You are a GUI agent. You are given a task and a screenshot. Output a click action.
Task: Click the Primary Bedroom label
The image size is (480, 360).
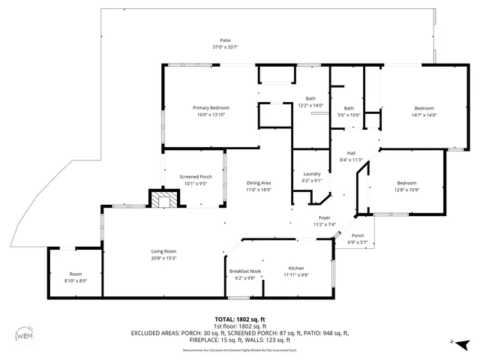211,108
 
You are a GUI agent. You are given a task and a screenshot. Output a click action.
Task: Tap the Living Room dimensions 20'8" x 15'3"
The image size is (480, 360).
164,258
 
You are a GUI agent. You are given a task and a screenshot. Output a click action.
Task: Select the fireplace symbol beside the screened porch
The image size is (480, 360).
163,199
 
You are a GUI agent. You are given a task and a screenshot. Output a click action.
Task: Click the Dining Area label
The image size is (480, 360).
259,183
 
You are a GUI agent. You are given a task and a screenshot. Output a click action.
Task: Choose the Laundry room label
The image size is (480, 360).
311,174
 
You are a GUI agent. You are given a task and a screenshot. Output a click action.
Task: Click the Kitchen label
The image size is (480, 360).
296,268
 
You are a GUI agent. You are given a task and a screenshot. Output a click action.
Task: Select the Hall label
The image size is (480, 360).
351,153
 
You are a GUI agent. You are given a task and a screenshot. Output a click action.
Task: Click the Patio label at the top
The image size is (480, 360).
225,40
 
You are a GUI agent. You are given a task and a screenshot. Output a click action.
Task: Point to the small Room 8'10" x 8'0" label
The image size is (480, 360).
76,274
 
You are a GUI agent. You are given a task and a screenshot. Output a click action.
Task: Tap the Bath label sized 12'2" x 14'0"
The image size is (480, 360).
310,99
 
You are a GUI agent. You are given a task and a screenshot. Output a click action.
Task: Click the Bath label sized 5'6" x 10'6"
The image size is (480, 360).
349,108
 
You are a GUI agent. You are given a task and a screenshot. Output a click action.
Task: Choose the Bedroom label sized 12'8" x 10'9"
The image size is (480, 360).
406,183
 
